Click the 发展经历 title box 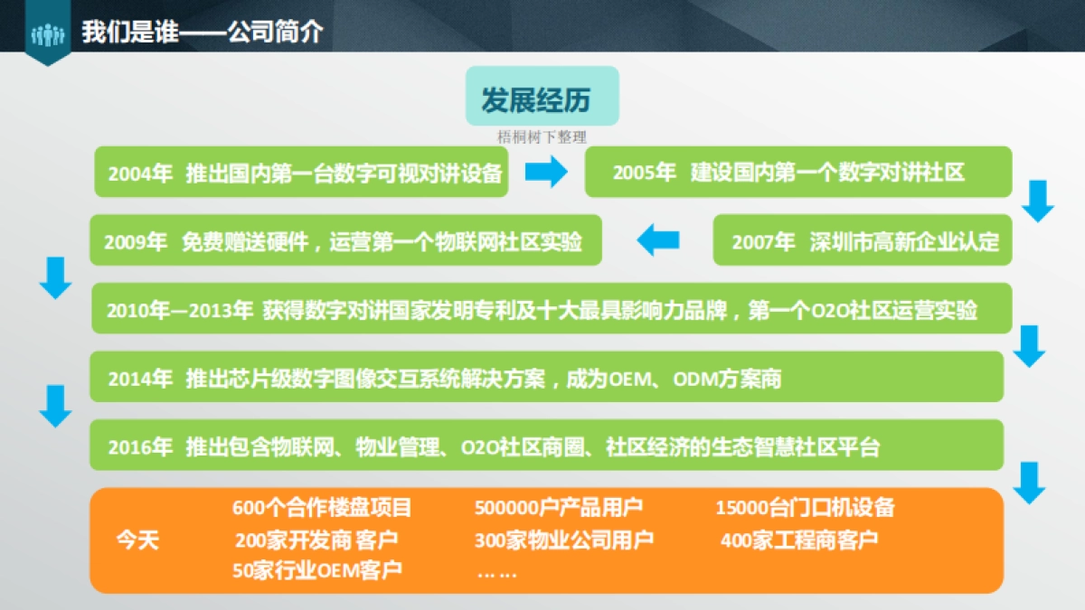[x=542, y=97]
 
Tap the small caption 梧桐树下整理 [x=542, y=137]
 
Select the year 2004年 [x=140, y=173]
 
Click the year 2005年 [x=645, y=173]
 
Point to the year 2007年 [x=763, y=241]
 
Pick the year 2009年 [x=136, y=241]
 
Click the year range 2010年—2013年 [x=180, y=311]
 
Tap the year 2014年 [x=140, y=379]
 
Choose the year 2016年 [x=140, y=446]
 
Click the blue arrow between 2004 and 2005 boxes [x=547, y=172]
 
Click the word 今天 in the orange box [x=137, y=540]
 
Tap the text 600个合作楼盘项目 [x=322, y=508]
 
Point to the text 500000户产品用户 [x=559, y=508]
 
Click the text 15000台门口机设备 [x=805, y=508]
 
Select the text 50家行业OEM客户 [x=317, y=571]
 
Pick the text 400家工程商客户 [x=799, y=540]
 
